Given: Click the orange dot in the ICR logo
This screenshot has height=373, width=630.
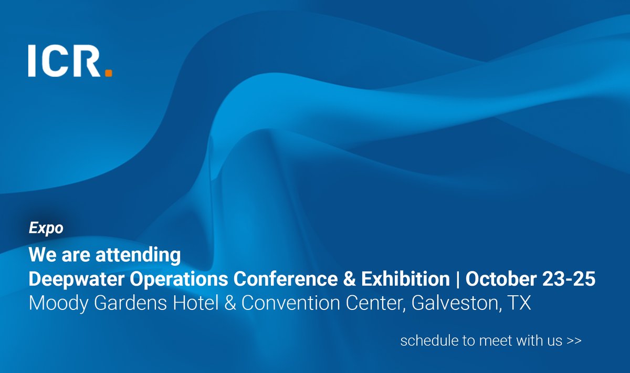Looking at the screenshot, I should [x=108, y=73].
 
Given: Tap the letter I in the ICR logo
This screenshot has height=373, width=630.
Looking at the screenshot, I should [x=33, y=61].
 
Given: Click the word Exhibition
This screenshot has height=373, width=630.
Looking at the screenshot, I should [x=404, y=279].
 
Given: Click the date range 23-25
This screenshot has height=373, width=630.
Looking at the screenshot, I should [x=570, y=279].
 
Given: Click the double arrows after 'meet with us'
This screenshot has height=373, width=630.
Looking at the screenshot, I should [x=574, y=341].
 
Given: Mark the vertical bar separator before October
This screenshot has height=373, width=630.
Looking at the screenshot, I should [x=458, y=279].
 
